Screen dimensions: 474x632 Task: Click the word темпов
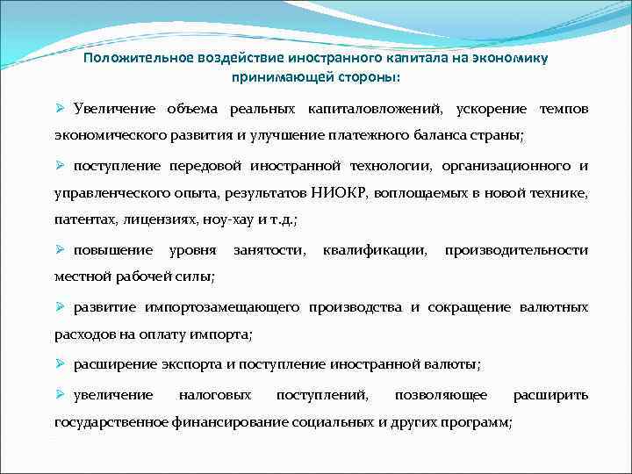tap(564, 109)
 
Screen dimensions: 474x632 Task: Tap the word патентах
tap(83, 219)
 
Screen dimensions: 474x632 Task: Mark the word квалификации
tap(376, 250)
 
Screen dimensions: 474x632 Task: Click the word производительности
tap(516, 250)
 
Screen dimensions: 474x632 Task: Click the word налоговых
tap(215, 395)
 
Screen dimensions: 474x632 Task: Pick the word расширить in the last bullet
tap(550, 395)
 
